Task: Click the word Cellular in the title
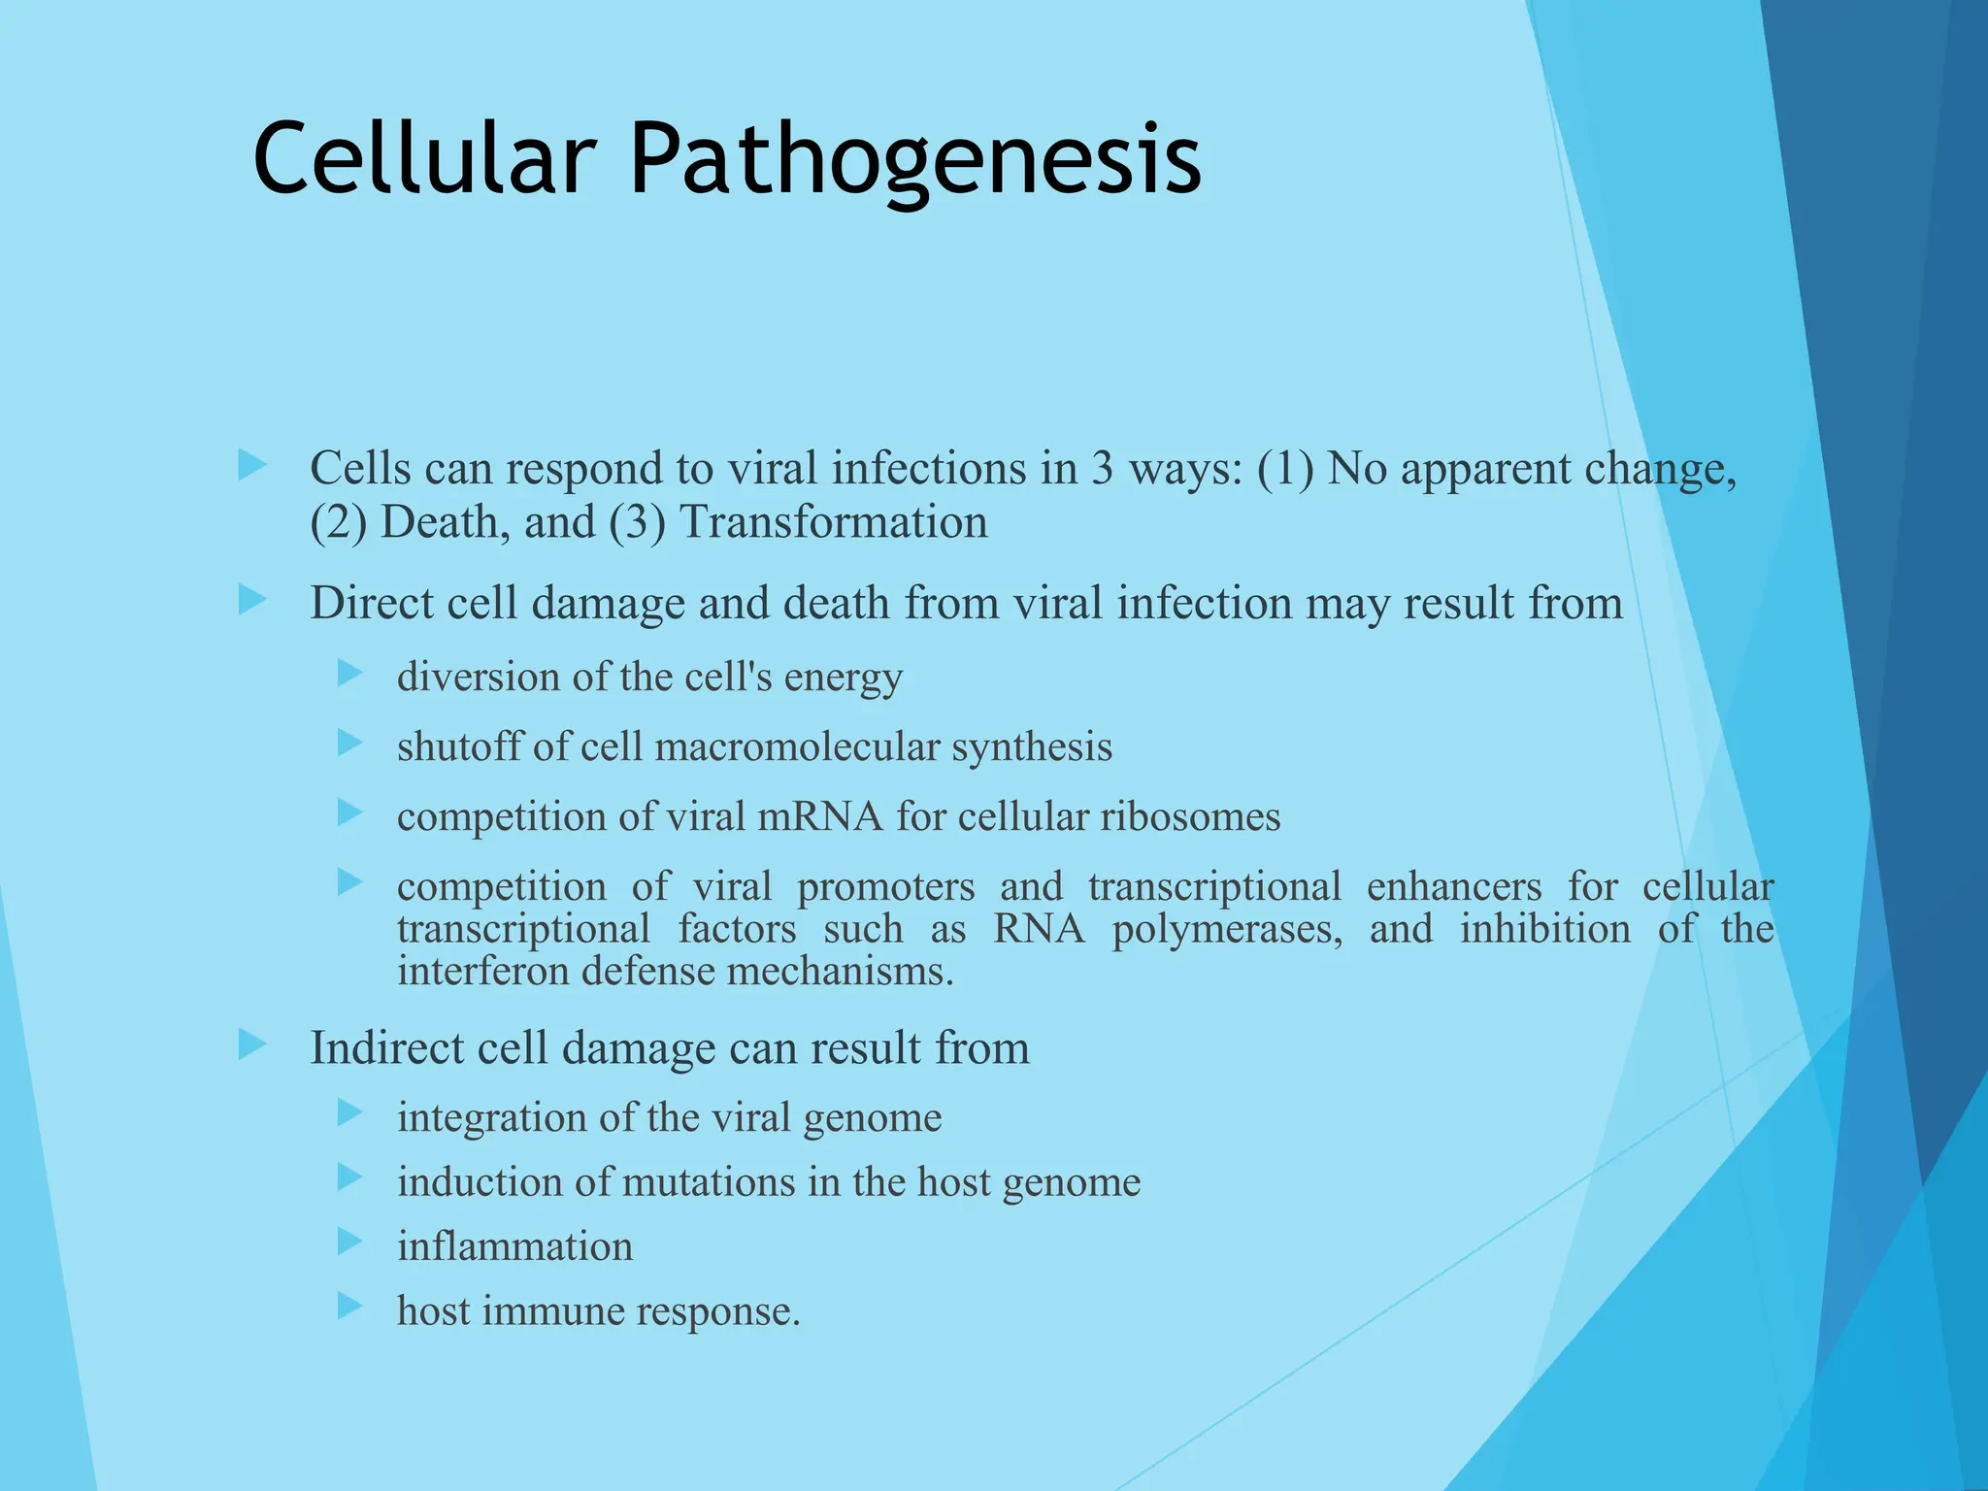(424, 158)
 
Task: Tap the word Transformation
(833, 522)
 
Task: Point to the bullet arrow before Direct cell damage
(251, 600)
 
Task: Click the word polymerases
(1227, 929)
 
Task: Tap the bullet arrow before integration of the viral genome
(350, 1112)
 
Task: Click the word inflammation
(514, 1246)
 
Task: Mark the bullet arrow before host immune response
(350, 1306)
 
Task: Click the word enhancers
(1453, 887)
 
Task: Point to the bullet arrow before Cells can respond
(251, 465)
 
